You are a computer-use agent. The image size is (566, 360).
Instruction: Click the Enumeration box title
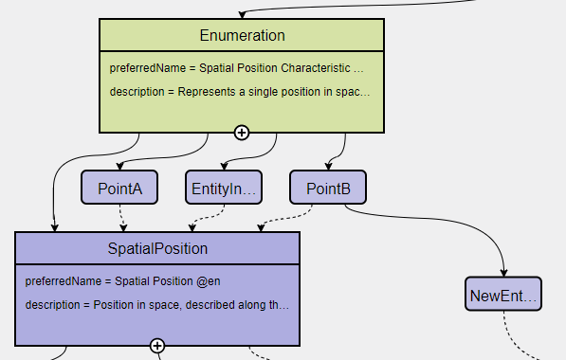click(242, 36)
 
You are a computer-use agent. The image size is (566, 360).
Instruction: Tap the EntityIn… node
click(224, 189)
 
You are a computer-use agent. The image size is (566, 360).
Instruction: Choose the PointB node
click(328, 189)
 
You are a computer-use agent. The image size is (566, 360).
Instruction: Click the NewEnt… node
click(503, 297)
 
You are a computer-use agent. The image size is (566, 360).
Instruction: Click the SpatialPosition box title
click(157, 249)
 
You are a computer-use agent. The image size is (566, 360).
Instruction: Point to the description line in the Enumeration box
click(240, 92)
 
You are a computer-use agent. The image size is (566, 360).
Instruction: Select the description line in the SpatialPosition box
click(157, 305)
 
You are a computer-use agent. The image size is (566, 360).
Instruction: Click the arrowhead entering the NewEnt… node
click(503, 273)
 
